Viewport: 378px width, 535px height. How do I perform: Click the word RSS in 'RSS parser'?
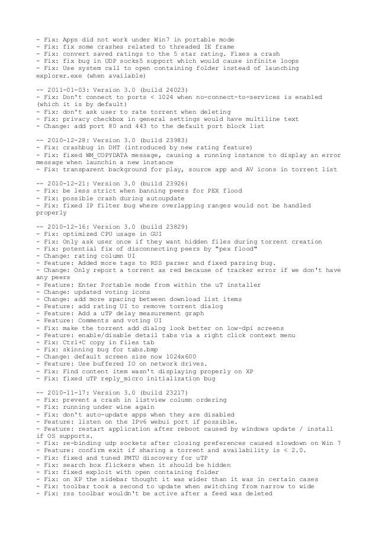(159, 261)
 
